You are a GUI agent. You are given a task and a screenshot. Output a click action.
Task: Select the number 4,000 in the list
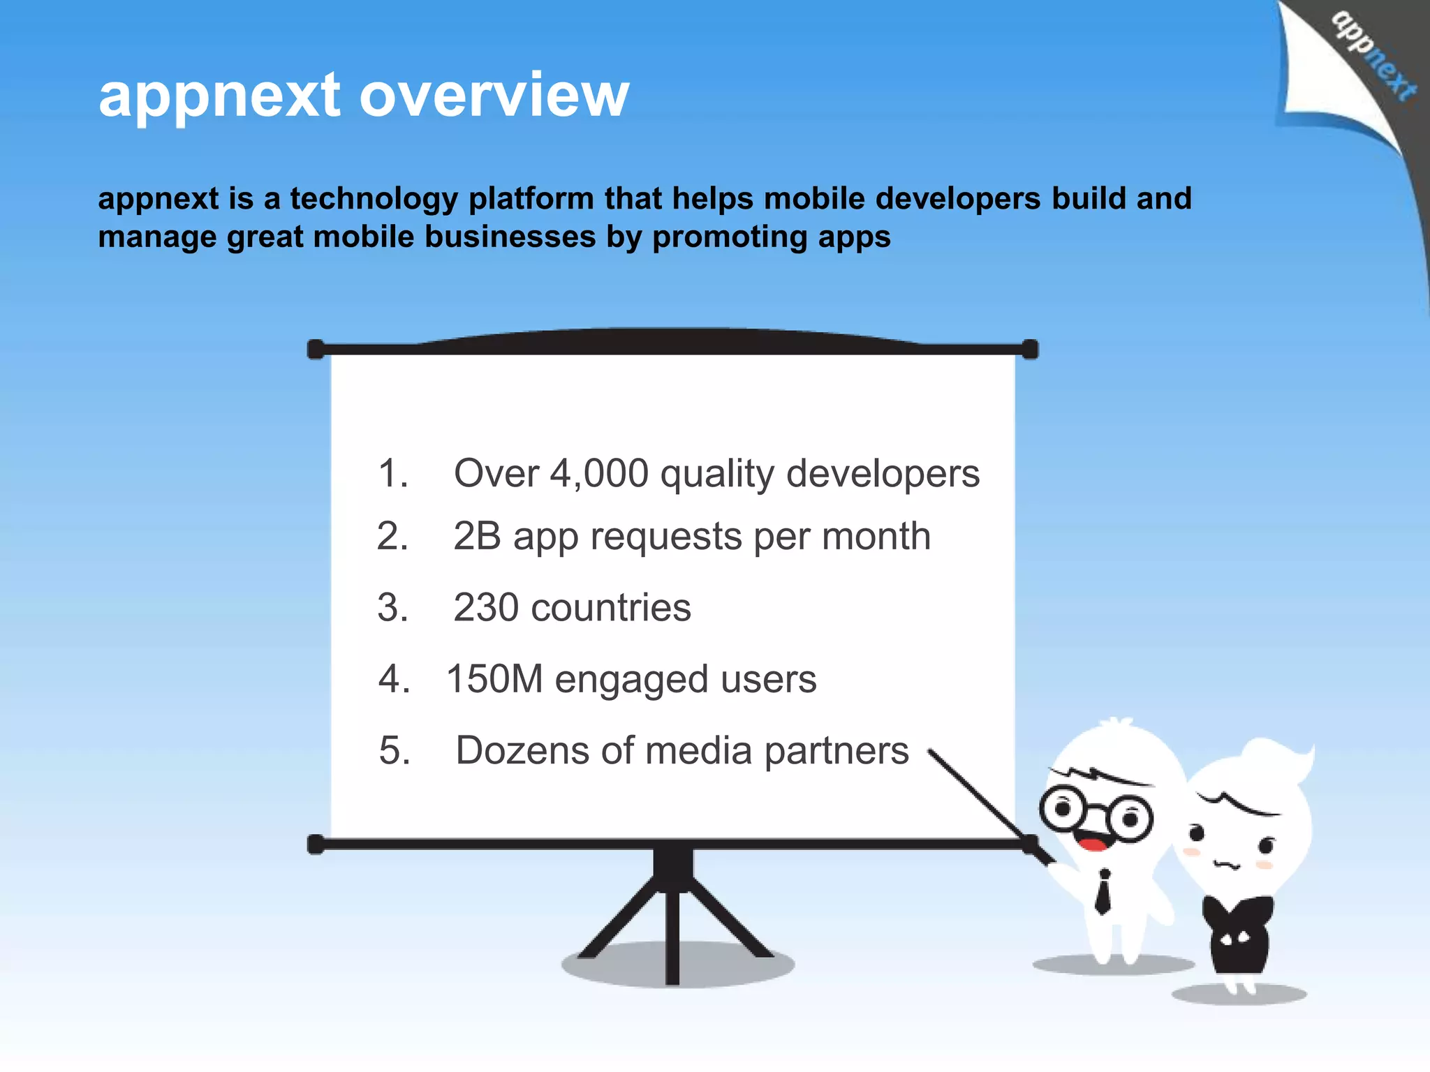[599, 474]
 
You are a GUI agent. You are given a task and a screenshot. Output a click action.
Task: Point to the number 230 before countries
[486, 607]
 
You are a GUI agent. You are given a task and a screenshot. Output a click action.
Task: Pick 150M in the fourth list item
[494, 678]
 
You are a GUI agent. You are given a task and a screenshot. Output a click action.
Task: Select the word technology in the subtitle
[373, 200]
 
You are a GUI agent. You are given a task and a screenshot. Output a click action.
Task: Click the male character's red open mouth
[1093, 844]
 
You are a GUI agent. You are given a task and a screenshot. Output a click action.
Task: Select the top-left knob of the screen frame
[316, 349]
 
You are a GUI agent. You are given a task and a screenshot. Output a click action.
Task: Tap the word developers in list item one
[883, 474]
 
